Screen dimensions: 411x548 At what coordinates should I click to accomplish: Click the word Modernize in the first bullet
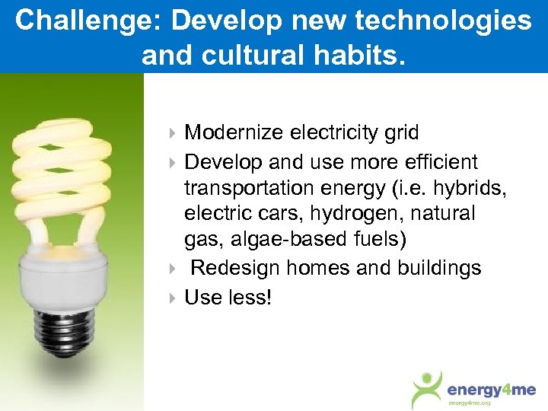pos(234,132)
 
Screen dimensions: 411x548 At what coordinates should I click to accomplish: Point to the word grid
pos(400,132)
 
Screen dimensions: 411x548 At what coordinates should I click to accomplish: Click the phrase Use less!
pos(228,297)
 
